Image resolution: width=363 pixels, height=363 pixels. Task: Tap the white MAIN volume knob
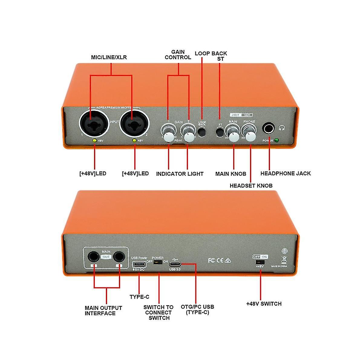pyautogui.click(x=234, y=136)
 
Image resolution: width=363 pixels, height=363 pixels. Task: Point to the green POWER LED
pyautogui.click(x=276, y=140)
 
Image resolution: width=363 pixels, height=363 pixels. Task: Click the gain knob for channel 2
pyautogui.click(x=189, y=137)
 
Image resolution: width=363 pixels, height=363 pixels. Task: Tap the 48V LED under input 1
pyautogui.click(x=95, y=140)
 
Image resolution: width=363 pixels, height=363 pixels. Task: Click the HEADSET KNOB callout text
pyautogui.click(x=251, y=185)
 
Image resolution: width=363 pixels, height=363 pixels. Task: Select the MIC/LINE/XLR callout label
pyautogui.click(x=109, y=57)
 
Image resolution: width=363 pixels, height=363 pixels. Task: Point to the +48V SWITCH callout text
pyautogui.click(x=264, y=304)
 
